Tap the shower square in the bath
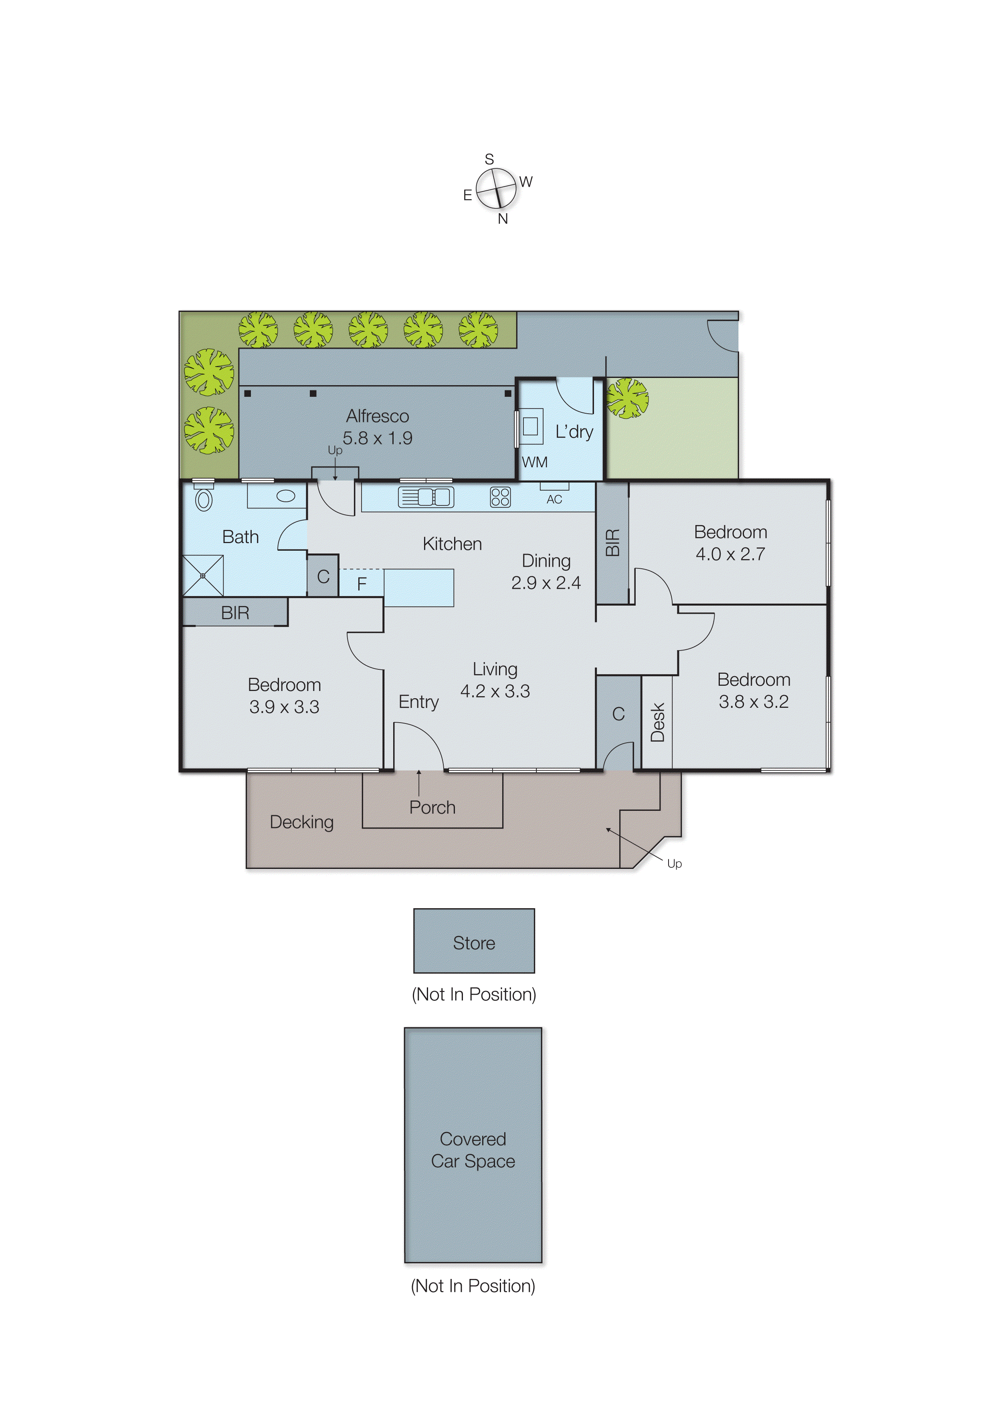(203, 576)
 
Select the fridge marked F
(362, 584)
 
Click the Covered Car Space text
(473, 1149)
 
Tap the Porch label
(432, 807)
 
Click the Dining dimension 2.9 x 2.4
(545, 583)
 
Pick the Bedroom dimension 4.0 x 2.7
(730, 554)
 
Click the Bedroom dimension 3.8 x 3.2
(753, 702)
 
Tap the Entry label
(418, 702)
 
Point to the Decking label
(301, 822)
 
